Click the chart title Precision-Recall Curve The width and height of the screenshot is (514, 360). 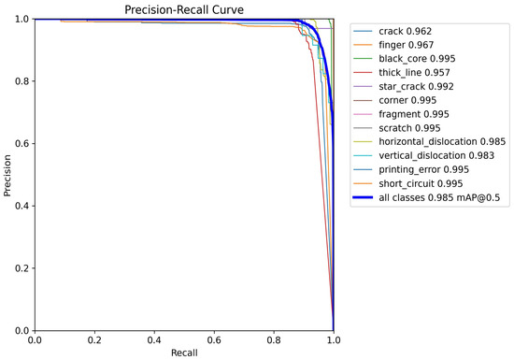185,9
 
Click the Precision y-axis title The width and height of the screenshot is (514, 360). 8,175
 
